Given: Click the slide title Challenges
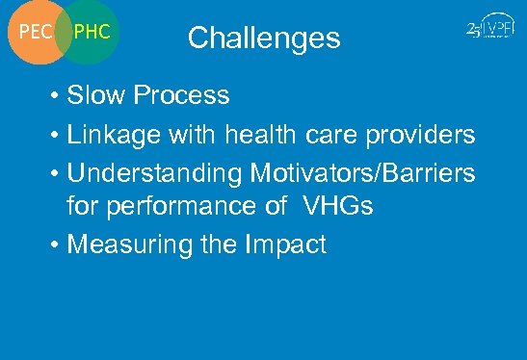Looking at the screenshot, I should coord(264,38).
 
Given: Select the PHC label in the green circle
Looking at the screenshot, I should coord(92,32).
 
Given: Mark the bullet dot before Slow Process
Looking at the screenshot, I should coord(58,96).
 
